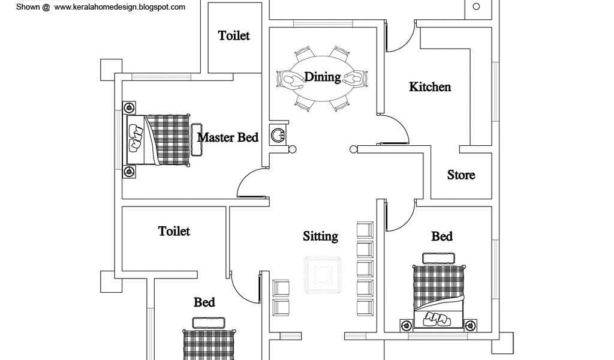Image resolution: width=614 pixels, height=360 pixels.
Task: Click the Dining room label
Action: coord(322,77)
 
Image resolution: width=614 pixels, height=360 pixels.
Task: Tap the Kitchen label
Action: coord(430,87)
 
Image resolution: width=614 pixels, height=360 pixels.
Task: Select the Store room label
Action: coord(461,175)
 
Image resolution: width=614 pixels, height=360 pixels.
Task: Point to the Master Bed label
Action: coord(228,137)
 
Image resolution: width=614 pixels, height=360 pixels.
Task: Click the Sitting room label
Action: coord(320,236)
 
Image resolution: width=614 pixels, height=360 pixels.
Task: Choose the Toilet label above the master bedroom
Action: coord(234,35)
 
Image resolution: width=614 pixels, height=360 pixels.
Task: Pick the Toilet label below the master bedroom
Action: coord(174,231)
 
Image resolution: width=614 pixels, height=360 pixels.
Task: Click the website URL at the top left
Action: coord(119,7)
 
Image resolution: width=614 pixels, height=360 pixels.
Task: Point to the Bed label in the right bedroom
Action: coord(442,236)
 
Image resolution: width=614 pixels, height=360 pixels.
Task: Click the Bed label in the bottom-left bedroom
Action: coord(204,302)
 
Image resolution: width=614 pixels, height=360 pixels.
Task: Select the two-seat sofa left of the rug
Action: coord(281,298)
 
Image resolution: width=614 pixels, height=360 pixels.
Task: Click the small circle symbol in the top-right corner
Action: coord(477,7)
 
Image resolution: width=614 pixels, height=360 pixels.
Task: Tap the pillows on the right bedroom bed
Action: coord(438,319)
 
